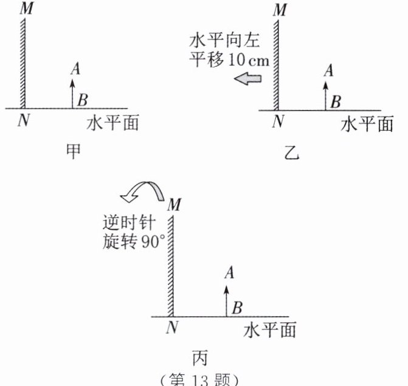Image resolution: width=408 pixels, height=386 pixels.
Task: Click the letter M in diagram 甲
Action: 26,9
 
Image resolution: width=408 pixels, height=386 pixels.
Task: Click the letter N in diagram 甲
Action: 24,120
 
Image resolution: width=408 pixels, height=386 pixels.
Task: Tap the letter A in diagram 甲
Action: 75,69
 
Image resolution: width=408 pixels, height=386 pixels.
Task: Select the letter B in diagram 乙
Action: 335,101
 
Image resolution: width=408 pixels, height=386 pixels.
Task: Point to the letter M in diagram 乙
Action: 280,10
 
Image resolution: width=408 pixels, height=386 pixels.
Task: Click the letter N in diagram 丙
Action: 172,327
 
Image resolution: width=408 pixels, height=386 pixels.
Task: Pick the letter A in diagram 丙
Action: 229,274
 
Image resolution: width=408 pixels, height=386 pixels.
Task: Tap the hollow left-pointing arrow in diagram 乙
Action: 247,78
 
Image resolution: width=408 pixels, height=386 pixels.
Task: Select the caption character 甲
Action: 74,151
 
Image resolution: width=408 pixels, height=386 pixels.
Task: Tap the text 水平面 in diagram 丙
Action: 269,330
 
